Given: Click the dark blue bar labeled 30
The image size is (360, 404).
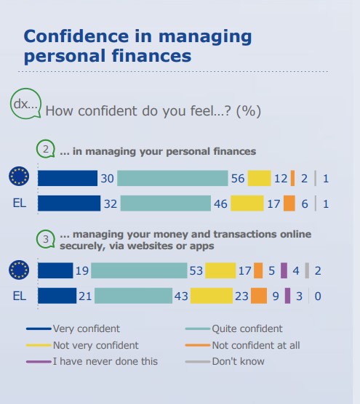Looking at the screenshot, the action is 68,178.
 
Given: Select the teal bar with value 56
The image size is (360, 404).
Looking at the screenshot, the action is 172,178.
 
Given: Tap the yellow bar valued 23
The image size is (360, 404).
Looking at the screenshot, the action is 212,296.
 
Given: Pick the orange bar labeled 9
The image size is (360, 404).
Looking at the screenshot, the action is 259,296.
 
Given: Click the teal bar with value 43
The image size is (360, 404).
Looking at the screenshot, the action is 133,296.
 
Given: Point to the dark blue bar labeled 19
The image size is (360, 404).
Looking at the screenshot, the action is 55,270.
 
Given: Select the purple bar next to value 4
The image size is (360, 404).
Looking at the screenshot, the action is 284,270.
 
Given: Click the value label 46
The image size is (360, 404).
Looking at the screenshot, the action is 220,204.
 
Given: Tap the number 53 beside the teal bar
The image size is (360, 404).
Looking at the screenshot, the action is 196,271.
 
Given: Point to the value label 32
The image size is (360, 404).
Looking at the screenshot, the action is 111,204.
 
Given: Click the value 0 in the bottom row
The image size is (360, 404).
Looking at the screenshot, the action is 318,296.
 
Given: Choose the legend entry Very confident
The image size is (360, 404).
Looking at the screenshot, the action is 73,328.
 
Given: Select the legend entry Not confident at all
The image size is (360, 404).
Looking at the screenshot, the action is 242,345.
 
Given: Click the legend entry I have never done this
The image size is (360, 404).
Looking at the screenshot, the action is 92,361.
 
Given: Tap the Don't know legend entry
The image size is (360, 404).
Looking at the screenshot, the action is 225,361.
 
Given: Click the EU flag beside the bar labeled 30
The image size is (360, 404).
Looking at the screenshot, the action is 19,177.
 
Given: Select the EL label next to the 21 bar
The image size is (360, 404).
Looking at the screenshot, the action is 20,296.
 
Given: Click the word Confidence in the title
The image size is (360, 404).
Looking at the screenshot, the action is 76,36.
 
